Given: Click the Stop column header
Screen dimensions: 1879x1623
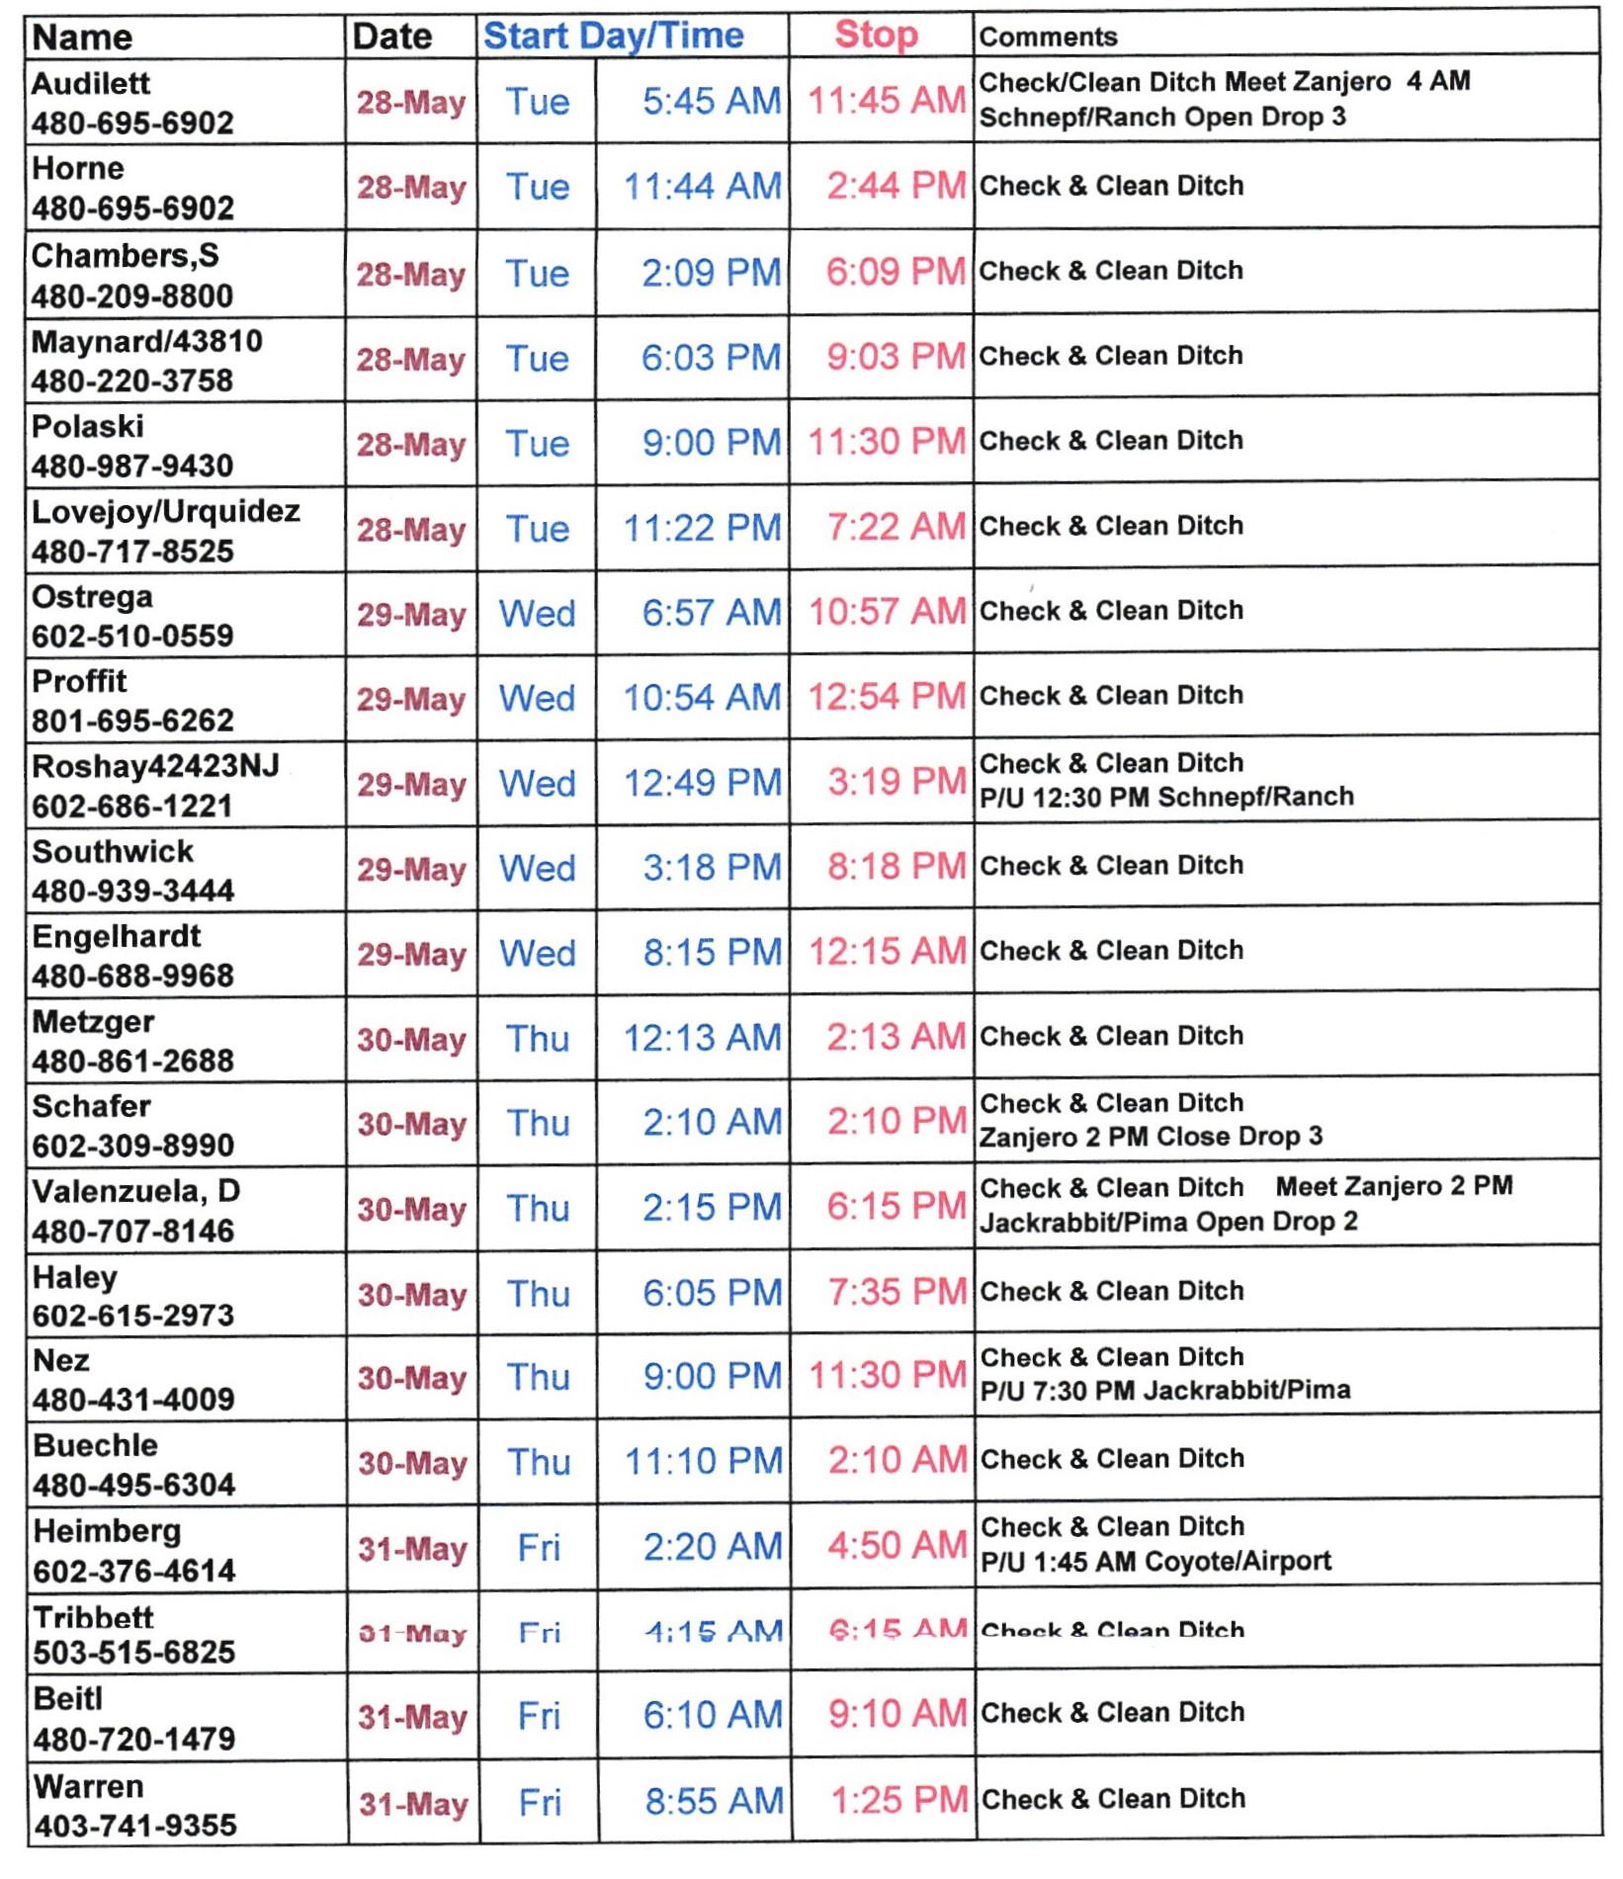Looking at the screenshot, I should (876, 35).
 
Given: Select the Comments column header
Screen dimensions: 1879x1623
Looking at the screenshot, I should (1048, 38).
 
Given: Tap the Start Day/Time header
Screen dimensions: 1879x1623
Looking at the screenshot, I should (613, 36).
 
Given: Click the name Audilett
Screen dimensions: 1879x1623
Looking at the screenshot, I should (91, 83).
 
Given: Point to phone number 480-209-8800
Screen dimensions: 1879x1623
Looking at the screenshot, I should (132, 296).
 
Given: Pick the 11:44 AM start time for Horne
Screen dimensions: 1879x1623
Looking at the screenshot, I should (702, 186).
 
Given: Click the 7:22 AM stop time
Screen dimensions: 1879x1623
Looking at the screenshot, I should (896, 527).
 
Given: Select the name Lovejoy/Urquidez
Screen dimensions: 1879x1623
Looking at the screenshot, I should (165, 511).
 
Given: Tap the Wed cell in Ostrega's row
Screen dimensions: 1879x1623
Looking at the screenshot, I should (537, 613).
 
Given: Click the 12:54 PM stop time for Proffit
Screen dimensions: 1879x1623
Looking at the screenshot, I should (887, 697).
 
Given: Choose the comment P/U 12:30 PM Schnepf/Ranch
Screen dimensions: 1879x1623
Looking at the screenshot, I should (1166, 797).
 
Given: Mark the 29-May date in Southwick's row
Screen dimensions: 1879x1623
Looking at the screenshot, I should (411, 869).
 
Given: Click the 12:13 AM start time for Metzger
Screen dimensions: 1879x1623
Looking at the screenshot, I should (702, 1038).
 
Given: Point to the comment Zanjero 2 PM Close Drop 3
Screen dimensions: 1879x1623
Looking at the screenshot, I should (1151, 1137).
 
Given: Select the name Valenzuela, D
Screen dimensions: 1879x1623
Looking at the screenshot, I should (135, 1191).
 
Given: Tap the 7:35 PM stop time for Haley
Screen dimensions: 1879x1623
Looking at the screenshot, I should (897, 1292).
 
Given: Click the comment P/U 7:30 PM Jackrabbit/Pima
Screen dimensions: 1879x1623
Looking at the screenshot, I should (1164, 1391).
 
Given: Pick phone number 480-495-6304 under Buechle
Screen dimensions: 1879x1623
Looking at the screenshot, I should (134, 1485).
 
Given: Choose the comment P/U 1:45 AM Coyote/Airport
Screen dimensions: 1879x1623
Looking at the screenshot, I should (1155, 1562).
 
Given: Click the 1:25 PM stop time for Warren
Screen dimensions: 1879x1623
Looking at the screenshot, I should (898, 1801).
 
